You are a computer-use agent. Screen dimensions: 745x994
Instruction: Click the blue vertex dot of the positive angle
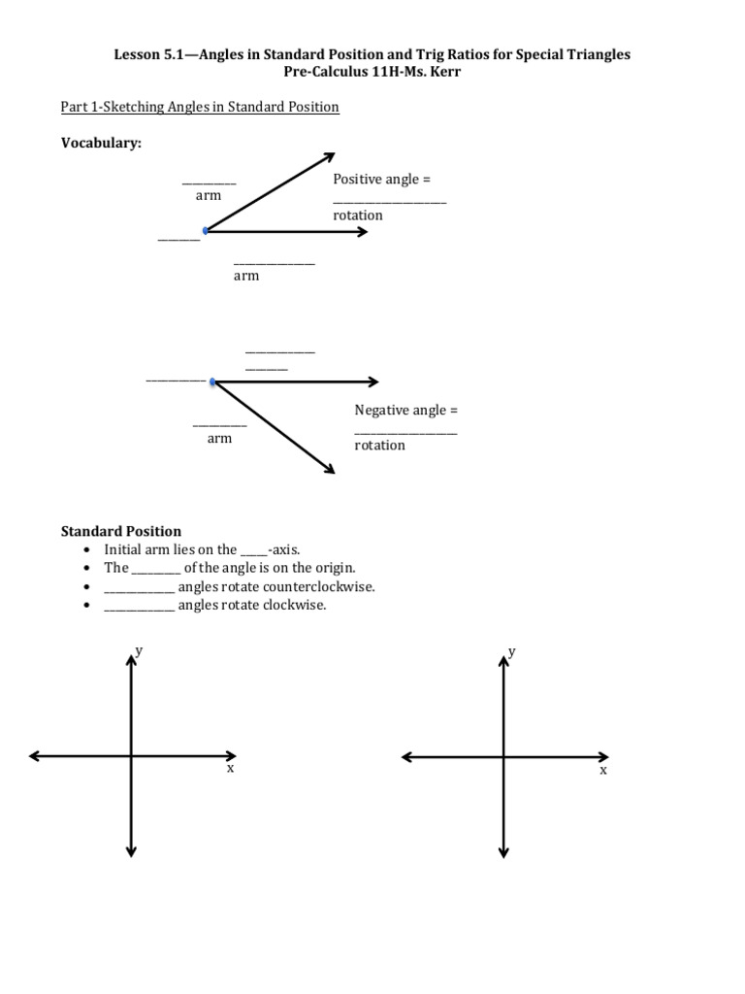[x=206, y=231]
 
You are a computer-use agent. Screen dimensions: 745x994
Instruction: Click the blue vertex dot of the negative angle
[x=212, y=381]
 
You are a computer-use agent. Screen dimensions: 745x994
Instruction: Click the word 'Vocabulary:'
[x=101, y=143]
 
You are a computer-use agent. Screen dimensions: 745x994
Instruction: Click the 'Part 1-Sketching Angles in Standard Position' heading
[x=200, y=107]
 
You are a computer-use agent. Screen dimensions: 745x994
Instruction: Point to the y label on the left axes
[x=140, y=650]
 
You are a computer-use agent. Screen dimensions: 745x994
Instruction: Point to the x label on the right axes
[x=602, y=770]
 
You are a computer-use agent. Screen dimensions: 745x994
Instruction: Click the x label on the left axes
[x=230, y=768]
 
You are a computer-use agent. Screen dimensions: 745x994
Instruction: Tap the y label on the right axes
[x=511, y=651]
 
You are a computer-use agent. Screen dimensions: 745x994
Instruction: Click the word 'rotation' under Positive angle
[x=358, y=215]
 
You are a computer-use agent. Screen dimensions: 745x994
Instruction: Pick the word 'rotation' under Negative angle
[x=379, y=446]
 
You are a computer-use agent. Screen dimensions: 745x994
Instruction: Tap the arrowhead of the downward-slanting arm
[x=330, y=469]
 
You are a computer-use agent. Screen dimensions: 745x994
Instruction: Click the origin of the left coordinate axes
[x=131, y=756]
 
